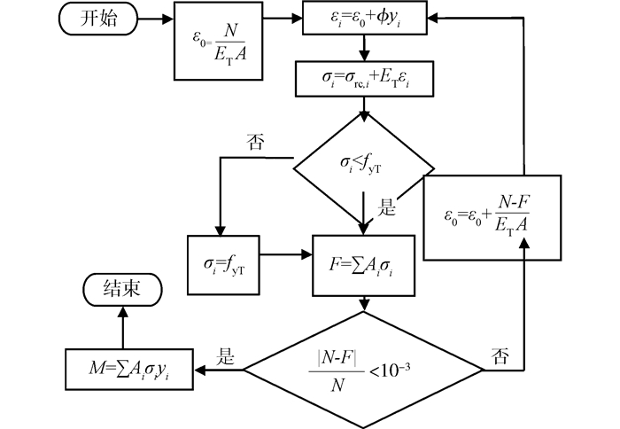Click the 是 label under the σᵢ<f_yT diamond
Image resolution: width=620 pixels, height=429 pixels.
(x=387, y=209)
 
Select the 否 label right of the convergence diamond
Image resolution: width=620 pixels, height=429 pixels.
(x=498, y=357)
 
